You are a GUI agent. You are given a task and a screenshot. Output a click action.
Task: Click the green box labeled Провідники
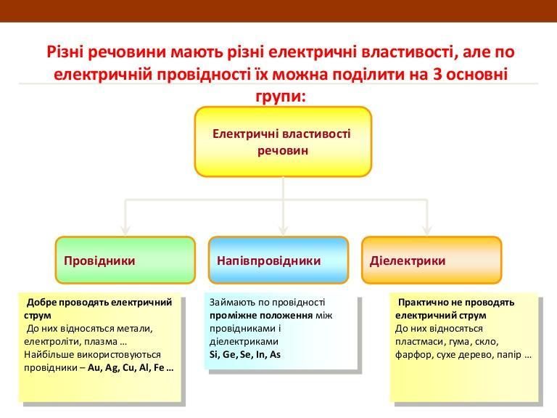click(x=125, y=260)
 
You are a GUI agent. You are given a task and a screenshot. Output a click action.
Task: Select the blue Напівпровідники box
click(x=278, y=260)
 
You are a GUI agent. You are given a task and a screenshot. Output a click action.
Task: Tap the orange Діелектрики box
click(x=432, y=260)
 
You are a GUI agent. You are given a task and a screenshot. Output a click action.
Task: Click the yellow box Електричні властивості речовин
click(x=283, y=142)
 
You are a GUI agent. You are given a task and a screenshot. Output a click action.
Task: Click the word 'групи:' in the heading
click(x=281, y=95)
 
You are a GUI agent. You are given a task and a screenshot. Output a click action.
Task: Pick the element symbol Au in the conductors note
click(x=95, y=368)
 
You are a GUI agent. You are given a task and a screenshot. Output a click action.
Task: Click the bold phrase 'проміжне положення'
click(x=252, y=316)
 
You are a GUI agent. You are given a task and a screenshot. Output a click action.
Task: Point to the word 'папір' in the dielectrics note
click(x=508, y=355)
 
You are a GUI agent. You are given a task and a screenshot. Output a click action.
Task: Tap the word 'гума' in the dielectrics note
click(x=452, y=342)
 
